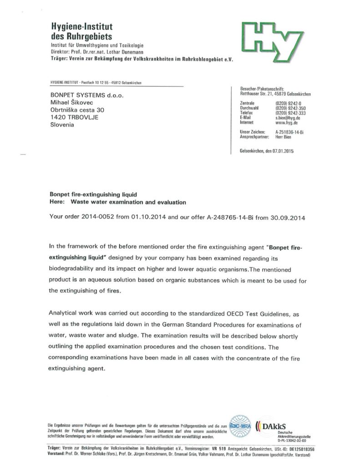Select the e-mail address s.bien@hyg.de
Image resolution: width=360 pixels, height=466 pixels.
tap(287, 118)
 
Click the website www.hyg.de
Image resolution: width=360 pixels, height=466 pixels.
tap(286, 123)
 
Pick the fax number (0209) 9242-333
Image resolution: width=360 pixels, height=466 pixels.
tap(291, 113)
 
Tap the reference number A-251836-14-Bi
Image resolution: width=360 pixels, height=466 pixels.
tap(292, 132)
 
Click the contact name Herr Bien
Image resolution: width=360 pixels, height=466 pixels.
tap(284, 137)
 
